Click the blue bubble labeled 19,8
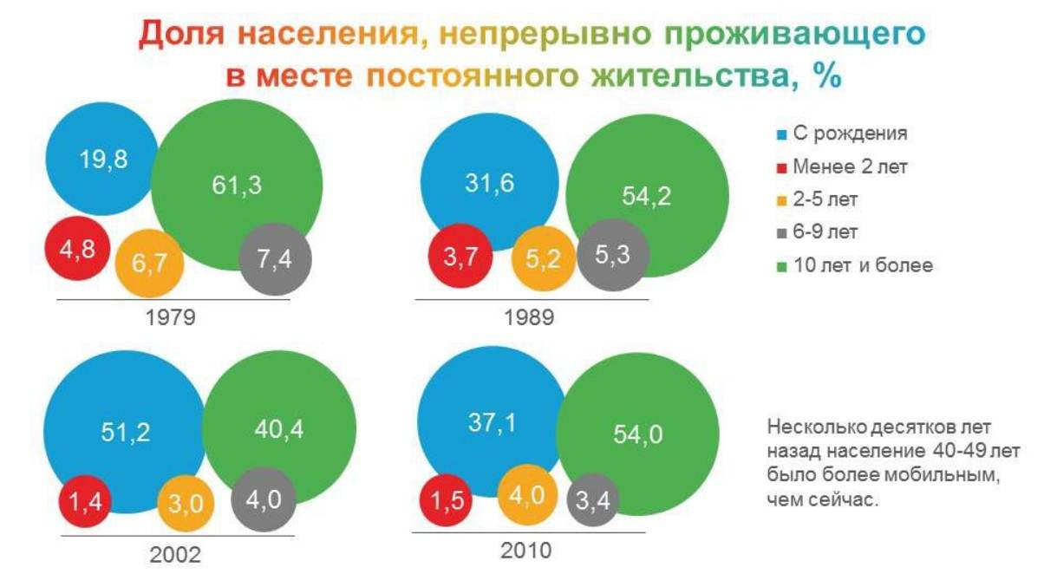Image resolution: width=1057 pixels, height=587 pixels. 102,159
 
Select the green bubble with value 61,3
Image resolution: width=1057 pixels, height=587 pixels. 237,185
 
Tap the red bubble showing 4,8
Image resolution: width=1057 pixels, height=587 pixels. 77,248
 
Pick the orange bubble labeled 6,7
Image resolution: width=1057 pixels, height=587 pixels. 150,264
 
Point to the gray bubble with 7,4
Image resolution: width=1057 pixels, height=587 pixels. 275,259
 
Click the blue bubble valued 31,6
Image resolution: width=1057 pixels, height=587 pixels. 490,182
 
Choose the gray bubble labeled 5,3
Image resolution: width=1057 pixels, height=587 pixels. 613,255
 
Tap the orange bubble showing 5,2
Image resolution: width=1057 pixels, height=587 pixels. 544,258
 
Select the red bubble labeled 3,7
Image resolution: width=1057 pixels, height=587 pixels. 460,256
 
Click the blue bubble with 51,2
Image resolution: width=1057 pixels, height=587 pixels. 126,432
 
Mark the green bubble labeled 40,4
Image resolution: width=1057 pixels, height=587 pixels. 279,428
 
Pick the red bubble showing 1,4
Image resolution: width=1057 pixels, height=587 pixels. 85,501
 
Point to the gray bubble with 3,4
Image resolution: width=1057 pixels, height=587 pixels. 593,500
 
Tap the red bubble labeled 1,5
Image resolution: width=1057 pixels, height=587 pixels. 446,500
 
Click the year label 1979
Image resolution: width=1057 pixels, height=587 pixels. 170,317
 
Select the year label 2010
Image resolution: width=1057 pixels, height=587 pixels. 526,551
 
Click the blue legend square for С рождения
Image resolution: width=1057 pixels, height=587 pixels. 782,135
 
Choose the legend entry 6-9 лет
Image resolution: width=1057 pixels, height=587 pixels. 825,232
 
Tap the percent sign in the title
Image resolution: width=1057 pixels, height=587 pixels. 827,75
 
